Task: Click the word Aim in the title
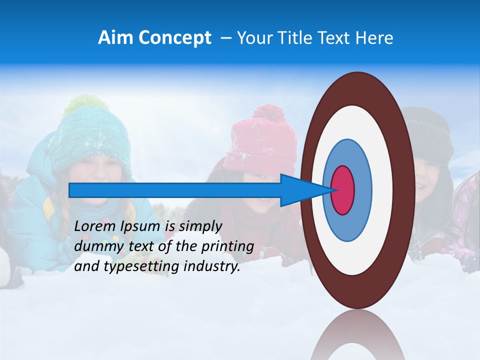tap(115, 38)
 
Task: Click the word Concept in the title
tap(174, 38)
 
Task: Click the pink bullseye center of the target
tap(343, 190)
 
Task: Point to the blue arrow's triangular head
tap(300, 190)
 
